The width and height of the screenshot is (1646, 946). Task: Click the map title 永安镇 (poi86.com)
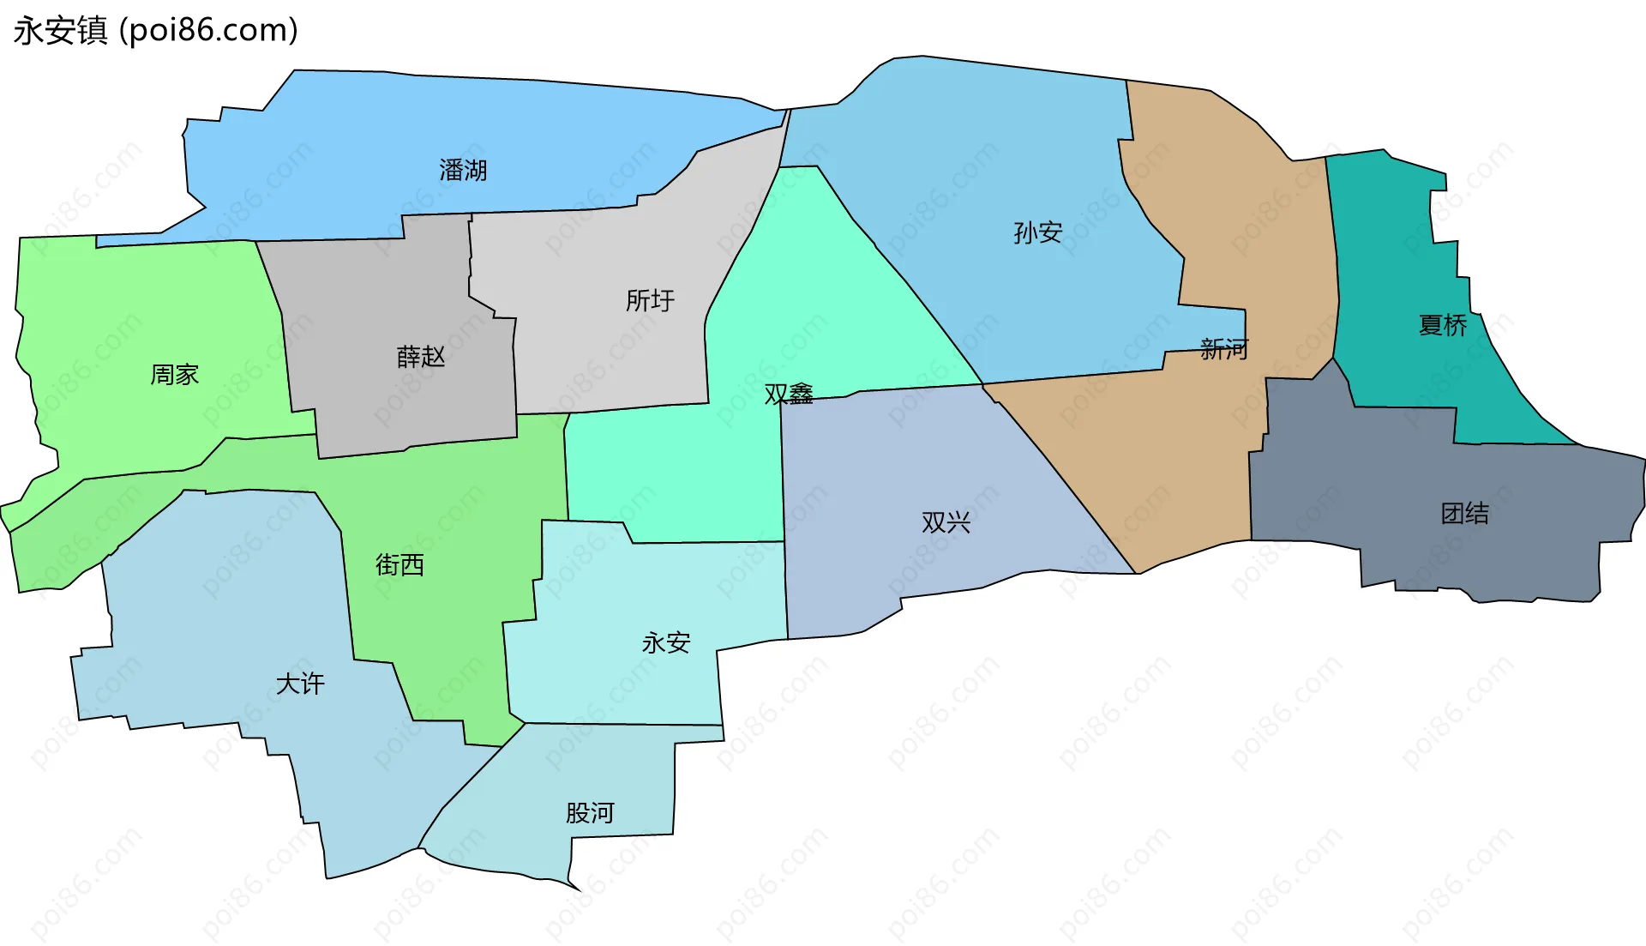(155, 31)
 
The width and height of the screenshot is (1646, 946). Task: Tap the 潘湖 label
(463, 171)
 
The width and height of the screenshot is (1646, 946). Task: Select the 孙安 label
(1037, 232)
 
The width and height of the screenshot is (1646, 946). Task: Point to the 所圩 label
(650, 301)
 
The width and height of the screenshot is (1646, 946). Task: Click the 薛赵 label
(421, 357)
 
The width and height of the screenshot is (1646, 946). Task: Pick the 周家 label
(175, 375)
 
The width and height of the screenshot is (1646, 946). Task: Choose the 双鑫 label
(789, 394)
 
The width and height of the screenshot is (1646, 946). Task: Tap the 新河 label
(1224, 349)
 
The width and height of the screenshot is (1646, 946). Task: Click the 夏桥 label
(1443, 325)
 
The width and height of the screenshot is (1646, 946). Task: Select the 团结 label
(1465, 514)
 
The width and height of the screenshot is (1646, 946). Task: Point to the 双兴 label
(946, 522)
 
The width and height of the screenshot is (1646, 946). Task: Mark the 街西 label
(399, 564)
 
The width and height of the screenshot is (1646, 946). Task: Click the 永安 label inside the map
(666, 642)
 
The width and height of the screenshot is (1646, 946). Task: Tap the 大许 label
(300, 684)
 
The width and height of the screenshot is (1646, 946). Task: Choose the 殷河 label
(590, 812)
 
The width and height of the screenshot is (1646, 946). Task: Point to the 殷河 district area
(600, 772)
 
